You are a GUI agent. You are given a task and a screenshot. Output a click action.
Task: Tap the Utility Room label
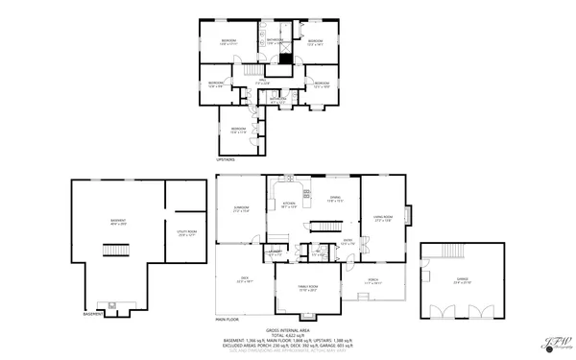187,231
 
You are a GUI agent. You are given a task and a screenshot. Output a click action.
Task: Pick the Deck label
244,281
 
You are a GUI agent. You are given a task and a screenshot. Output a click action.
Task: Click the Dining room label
335,201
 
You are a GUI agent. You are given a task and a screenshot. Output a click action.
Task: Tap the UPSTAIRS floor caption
226,159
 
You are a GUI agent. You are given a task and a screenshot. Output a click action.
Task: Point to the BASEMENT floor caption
93,313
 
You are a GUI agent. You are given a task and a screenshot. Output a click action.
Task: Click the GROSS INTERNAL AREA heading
307,327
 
